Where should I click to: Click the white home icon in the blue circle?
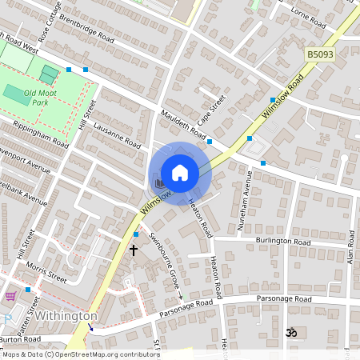coord(180,173)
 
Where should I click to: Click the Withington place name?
coord(66,316)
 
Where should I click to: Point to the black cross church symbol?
coord(134,250)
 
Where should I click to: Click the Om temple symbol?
coord(292,330)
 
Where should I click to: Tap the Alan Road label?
coord(350,254)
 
